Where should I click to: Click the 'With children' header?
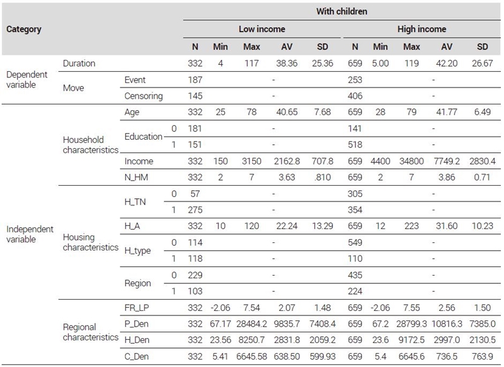pyautogui.click(x=341, y=11)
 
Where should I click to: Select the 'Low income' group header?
pyautogui.click(x=261, y=29)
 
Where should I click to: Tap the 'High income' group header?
pyautogui.click(x=421, y=29)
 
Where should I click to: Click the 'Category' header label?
pyautogui.click(x=24, y=29)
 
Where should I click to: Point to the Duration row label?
pyautogui.click(x=79, y=63)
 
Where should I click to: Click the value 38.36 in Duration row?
pyautogui.click(x=287, y=63)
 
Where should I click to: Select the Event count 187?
pyautogui.click(x=195, y=79)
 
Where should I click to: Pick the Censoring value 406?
pyautogui.click(x=355, y=96)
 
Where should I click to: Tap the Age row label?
pyautogui.click(x=132, y=113)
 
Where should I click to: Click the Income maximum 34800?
pyautogui.click(x=411, y=161)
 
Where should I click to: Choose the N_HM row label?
pyautogui.click(x=136, y=178)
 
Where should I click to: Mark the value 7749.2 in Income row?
pyautogui.click(x=447, y=161)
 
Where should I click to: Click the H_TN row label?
pyautogui.click(x=135, y=202)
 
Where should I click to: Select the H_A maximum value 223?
pyautogui.click(x=411, y=226)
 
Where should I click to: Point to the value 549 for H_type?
pyautogui.click(x=355, y=242)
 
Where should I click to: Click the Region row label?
pyautogui.click(x=137, y=283)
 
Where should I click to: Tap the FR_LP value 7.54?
pyautogui.click(x=251, y=308)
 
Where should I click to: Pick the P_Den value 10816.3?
pyautogui.click(x=447, y=324)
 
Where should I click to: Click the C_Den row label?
pyautogui.click(x=137, y=356)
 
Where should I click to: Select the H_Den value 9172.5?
pyautogui.click(x=411, y=340)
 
